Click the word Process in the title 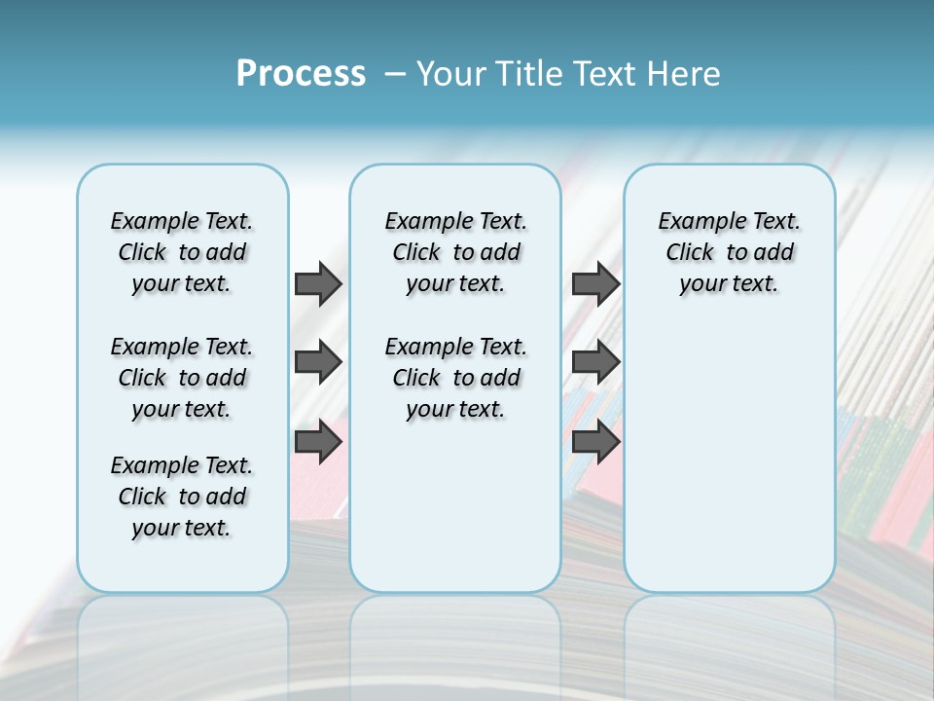[x=301, y=74]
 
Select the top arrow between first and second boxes [x=318, y=283]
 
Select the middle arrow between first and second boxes [x=318, y=362]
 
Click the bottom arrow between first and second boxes [x=318, y=442]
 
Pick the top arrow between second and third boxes [x=595, y=283]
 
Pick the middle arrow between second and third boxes [x=595, y=362]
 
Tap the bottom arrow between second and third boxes [x=595, y=442]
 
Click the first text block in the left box [x=182, y=252]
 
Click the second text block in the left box [x=182, y=378]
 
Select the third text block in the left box [x=182, y=497]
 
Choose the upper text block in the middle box [x=455, y=252]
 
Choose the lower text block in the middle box [x=455, y=378]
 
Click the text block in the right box [x=729, y=252]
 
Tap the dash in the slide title [x=395, y=74]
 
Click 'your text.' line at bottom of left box [x=182, y=528]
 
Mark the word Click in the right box [x=690, y=253]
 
